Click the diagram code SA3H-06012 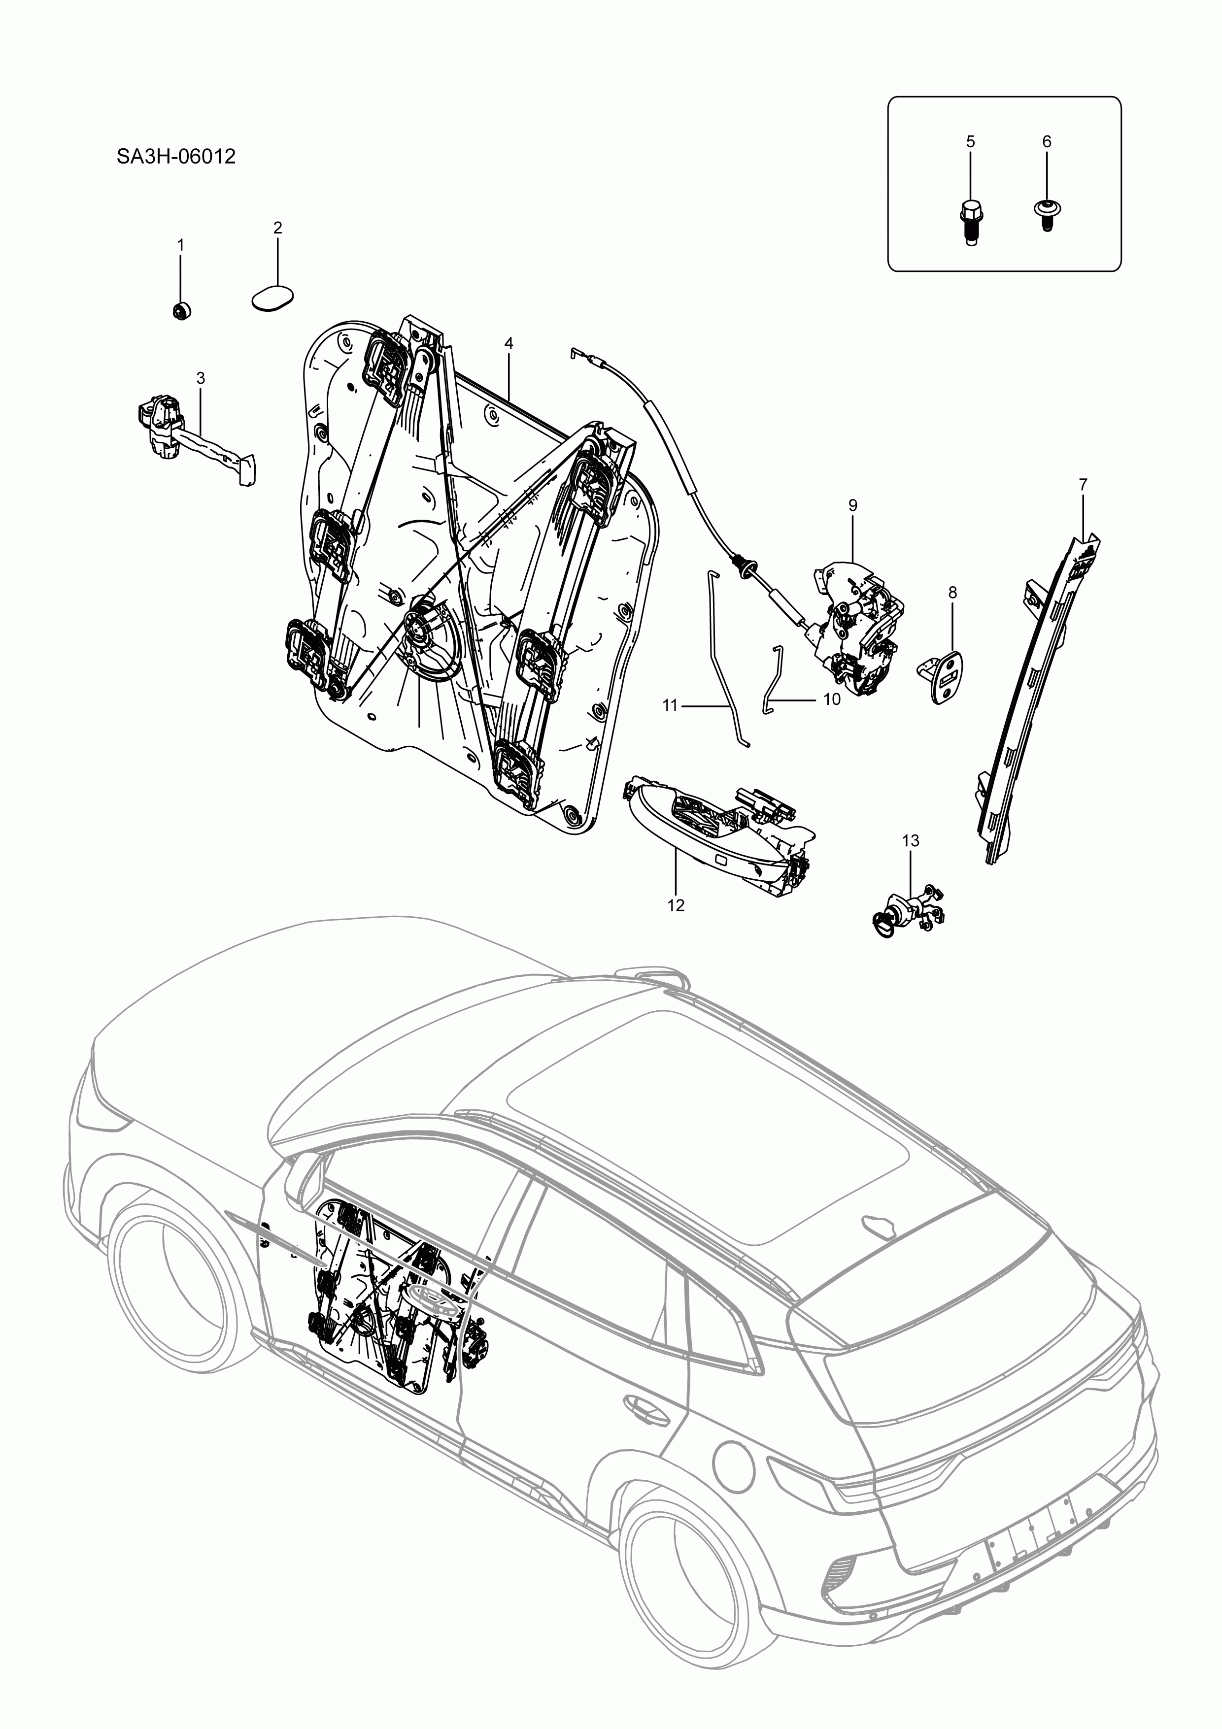tap(175, 157)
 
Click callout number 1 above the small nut tap(180, 245)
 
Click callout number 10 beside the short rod tap(832, 699)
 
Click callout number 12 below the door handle tap(676, 905)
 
